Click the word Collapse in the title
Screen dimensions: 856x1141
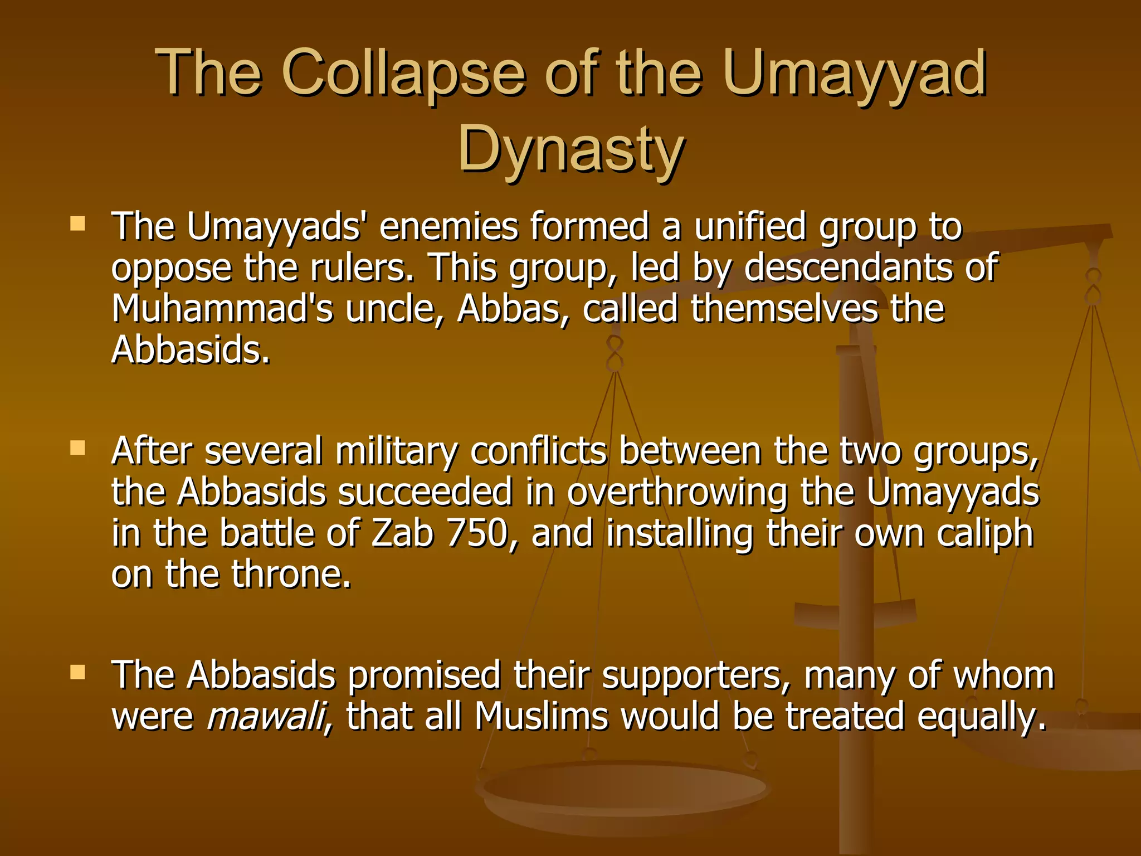403,73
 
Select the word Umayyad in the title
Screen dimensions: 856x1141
855,73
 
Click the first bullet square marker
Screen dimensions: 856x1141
77,224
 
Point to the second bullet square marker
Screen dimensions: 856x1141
77,448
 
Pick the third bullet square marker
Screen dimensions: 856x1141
77,672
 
